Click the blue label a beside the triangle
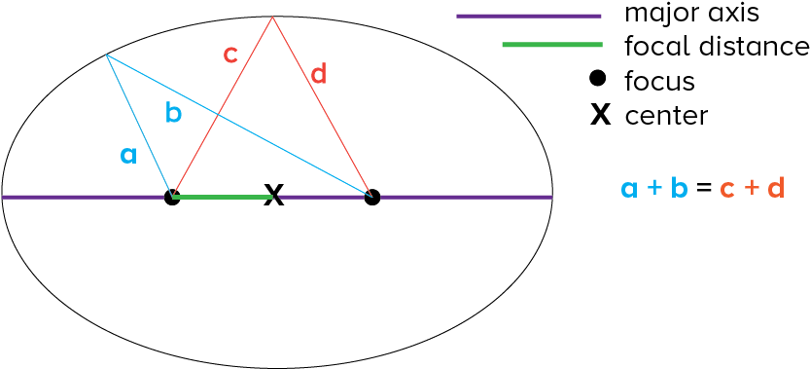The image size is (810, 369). pyautogui.click(x=128, y=155)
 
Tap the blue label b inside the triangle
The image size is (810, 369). pyautogui.click(x=174, y=114)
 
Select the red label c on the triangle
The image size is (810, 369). pyautogui.click(x=230, y=55)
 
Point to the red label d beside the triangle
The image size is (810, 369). pyautogui.click(x=318, y=74)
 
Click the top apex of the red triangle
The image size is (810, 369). pyautogui.click(x=272, y=17)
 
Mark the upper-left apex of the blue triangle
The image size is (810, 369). pyautogui.click(x=106, y=55)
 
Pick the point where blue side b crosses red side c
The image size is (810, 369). pyautogui.click(x=216, y=115)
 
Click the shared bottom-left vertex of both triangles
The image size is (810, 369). pyautogui.click(x=173, y=197)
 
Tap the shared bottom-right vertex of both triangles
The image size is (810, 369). pyautogui.click(x=371, y=197)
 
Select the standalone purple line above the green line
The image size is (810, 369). pyautogui.click(x=529, y=16)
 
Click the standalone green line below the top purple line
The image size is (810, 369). pyautogui.click(x=552, y=45)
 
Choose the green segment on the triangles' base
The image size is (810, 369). pyautogui.click(x=223, y=197)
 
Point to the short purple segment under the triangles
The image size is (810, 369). pyautogui.click(x=321, y=197)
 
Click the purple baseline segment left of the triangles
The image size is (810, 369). pyautogui.click(x=83, y=197)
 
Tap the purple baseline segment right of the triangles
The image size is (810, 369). pyautogui.click(x=466, y=197)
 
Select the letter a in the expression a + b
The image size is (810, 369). pyautogui.click(x=629, y=189)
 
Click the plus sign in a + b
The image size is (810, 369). pyautogui.click(x=654, y=188)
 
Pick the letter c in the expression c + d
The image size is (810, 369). pyautogui.click(x=727, y=189)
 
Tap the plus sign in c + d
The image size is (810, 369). pyautogui.click(x=752, y=188)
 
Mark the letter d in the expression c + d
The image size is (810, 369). pyautogui.click(x=775, y=188)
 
